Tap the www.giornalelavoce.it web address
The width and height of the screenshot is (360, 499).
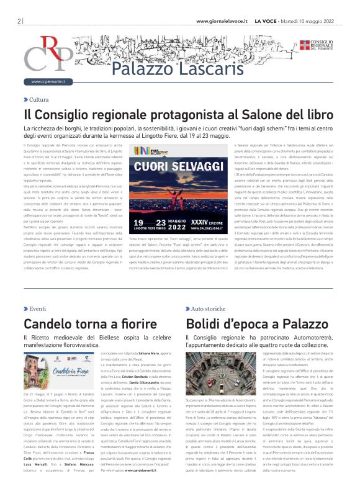point(222,20)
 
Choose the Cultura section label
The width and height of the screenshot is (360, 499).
point(38,99)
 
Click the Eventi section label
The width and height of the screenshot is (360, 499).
point(37,308)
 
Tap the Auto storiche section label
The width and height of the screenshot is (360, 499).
point(208,308)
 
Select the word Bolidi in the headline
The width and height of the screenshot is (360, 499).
point(207,323)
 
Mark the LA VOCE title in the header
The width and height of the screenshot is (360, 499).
point(266,20)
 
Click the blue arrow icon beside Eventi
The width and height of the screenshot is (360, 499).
point(25,308)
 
